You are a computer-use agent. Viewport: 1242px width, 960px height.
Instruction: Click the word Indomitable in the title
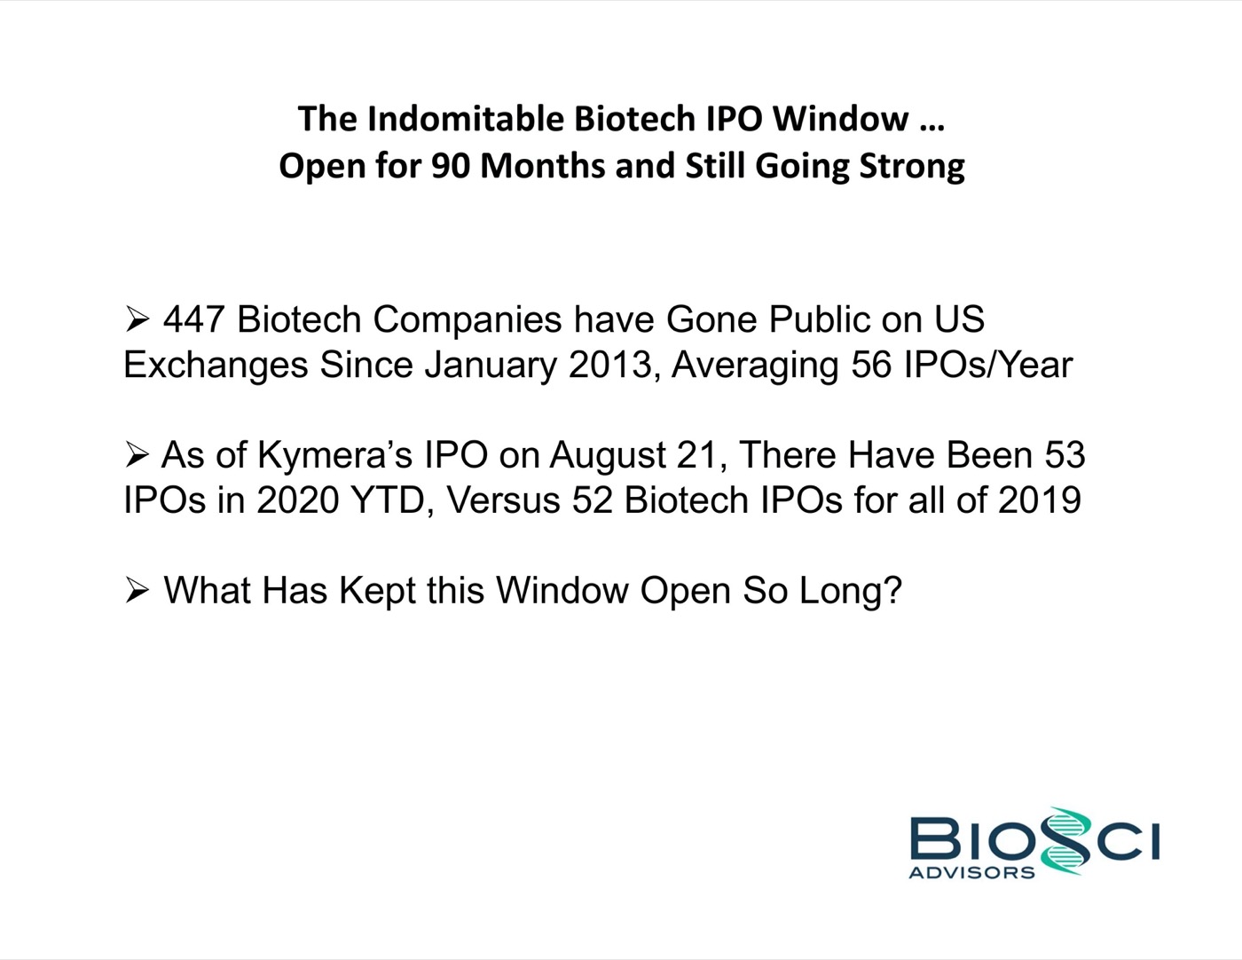[x=465, y=119]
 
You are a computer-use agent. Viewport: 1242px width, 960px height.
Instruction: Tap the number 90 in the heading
[x=451, y=166]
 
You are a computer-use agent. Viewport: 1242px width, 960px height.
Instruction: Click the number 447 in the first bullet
[x=193, y=319]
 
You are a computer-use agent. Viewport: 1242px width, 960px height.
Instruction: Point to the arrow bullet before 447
[x=138, y=319]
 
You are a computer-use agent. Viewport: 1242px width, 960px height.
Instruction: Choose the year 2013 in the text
[x=610, y=365]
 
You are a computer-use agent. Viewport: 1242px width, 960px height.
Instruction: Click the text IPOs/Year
[x=987, y=365]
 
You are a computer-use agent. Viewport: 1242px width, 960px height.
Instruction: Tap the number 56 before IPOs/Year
[x=871, y=365]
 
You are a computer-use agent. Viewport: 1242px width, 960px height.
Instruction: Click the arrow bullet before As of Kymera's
[x=138, y=455]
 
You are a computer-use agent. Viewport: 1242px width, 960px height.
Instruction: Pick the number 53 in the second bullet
[x=1065, y=455]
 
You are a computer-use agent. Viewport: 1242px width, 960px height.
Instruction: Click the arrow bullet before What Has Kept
[x=138, y=590]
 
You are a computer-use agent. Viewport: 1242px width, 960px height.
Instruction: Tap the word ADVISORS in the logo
[x=971, y=872]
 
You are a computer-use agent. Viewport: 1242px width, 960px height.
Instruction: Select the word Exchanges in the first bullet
[x=216, y=366]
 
